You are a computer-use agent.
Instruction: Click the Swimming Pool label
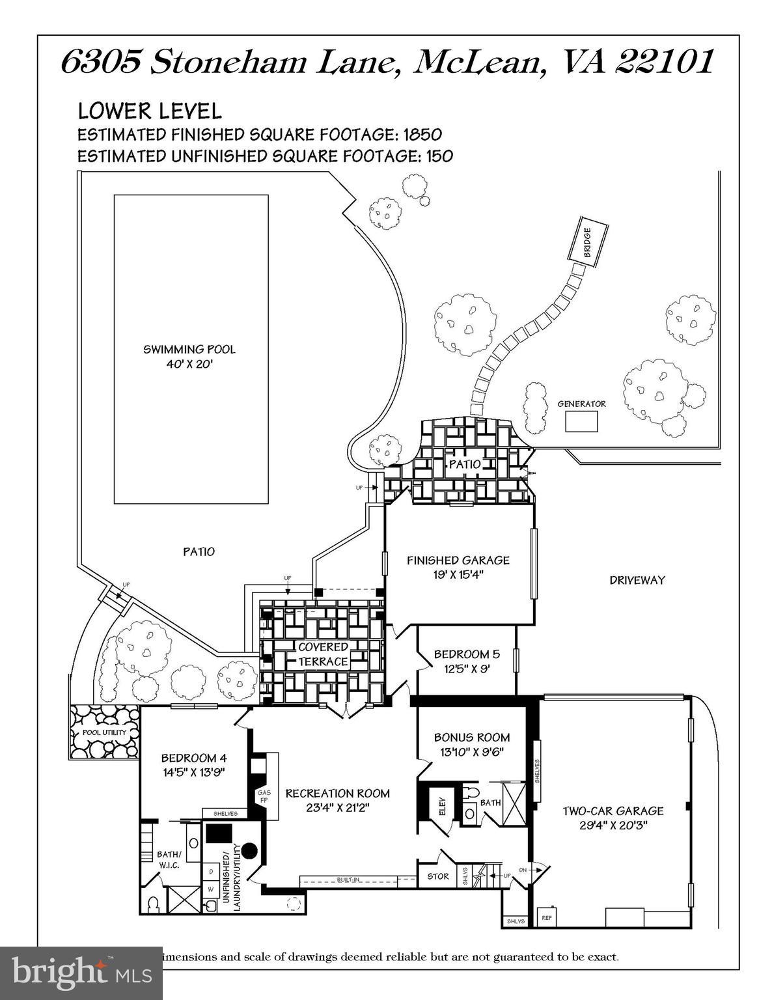pos(189,357)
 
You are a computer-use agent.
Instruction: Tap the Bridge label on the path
pos(587,242)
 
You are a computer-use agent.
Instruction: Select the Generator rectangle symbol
pos(581,422)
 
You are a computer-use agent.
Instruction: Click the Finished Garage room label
pos(458,566)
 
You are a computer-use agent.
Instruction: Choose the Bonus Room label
pos(472,743)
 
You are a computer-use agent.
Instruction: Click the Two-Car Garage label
pos(613,817)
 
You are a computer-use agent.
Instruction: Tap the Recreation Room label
pos(338,799)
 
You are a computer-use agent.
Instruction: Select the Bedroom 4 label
pos(194,764)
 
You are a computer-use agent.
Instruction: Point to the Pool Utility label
pos(104,732)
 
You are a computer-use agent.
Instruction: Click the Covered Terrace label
pos(324,654)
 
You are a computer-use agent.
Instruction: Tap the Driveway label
pos(637,580)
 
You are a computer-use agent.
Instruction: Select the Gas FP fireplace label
pos(264,796)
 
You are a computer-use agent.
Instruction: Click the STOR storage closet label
pos(438,876)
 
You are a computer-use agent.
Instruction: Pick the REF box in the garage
pos(547,918)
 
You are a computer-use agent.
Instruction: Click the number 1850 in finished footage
pos(422,134)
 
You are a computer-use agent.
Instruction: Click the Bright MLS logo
pos(81,973)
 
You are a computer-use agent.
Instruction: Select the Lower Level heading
pos(150,111)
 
